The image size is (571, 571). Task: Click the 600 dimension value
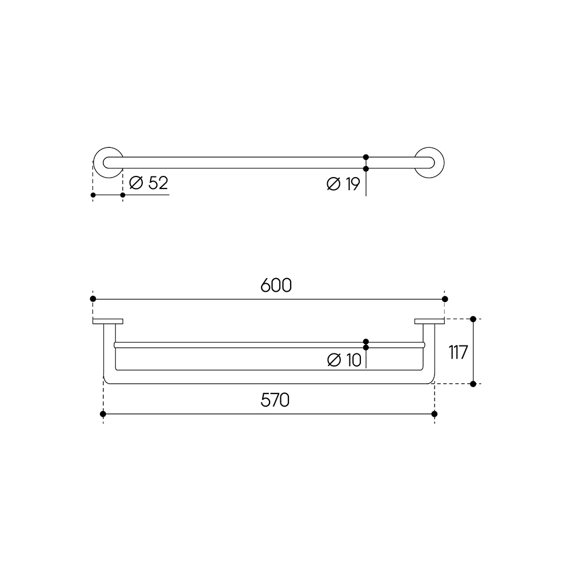coord(276,285)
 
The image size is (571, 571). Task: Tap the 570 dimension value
coord(275,400)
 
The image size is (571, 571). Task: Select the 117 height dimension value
coord(458,352)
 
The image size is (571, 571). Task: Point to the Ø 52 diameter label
coord(148,183)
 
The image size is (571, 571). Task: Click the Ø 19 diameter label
coord(343,184)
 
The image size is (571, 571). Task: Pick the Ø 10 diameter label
coord(344,360)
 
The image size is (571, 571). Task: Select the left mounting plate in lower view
coord(108,321)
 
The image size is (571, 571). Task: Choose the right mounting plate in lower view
coord(429,321)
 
